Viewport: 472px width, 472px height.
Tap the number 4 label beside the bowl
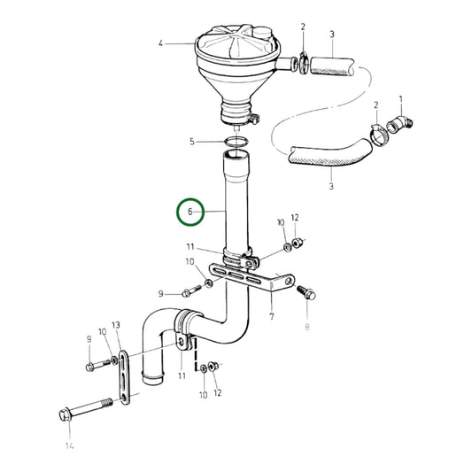click(160, 43)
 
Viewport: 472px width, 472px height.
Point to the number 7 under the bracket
click(272, 314)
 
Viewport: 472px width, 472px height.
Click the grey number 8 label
click(308, 328)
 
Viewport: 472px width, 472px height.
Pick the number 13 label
click(115, 325)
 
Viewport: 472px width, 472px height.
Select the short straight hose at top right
click(336, 66)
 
